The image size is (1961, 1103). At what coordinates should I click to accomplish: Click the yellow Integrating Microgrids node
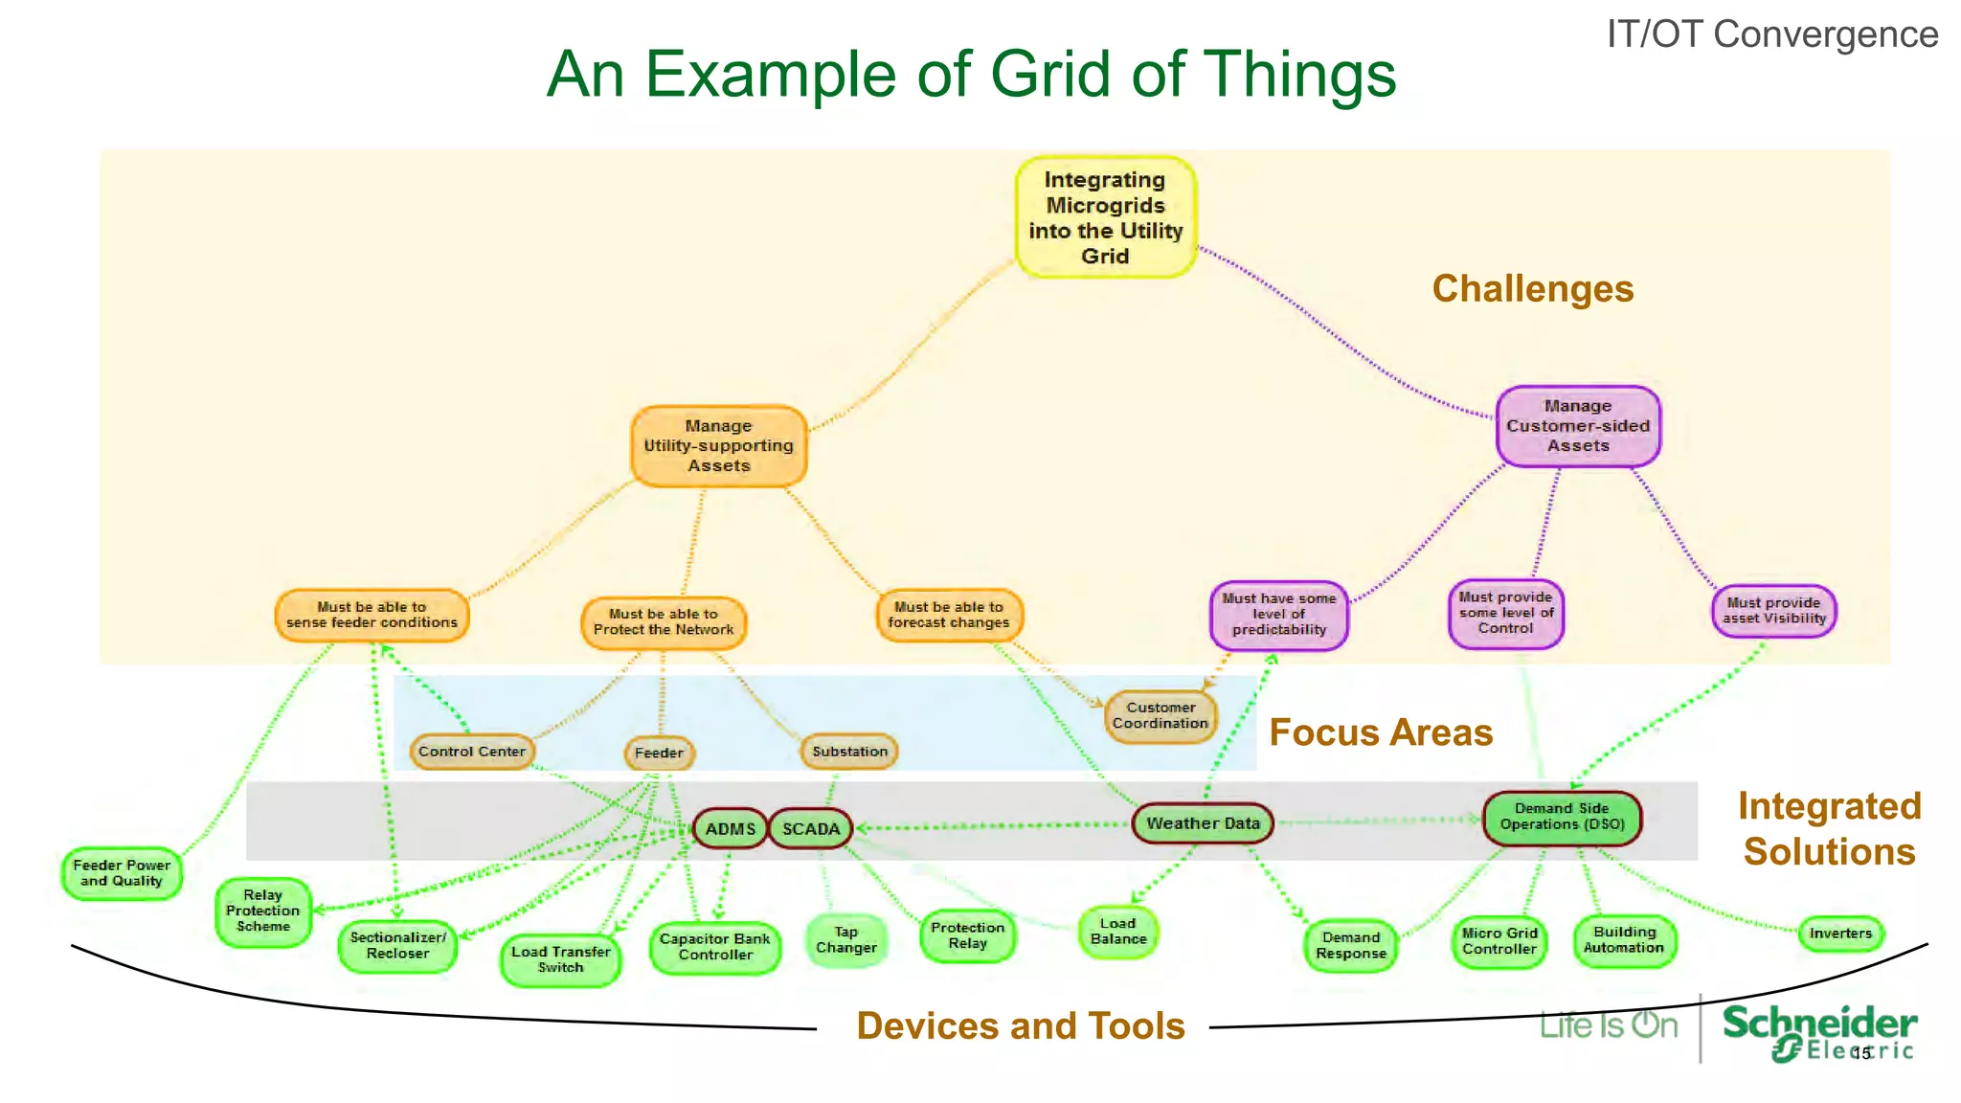1105,217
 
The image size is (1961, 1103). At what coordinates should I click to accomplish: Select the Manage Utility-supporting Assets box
718,446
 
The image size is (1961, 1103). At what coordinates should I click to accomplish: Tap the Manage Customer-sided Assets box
1577,426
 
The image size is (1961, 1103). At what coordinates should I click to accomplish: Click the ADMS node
730,829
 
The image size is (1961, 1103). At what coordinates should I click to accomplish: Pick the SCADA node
810,829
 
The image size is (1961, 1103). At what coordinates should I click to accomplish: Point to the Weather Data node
1203,823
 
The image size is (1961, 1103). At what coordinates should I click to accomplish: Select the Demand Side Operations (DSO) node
1561,817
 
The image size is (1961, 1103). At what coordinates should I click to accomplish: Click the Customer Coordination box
1160,715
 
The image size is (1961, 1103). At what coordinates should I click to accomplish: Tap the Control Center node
471,752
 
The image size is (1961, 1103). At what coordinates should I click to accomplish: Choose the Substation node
849,752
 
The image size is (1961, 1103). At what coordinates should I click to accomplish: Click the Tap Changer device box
845,940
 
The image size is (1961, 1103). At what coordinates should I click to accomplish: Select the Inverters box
1839,934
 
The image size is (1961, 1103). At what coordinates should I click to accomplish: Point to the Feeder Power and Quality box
122,873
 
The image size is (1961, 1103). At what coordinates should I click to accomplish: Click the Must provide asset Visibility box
1773,611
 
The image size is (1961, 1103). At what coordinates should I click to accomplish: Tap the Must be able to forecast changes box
948,615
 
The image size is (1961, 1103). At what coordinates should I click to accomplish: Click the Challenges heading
1532,289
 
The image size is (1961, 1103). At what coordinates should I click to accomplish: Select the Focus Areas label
1380,732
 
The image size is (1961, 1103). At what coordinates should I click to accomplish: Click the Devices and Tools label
1020,1025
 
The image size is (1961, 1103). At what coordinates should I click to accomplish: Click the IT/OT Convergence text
1771,34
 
